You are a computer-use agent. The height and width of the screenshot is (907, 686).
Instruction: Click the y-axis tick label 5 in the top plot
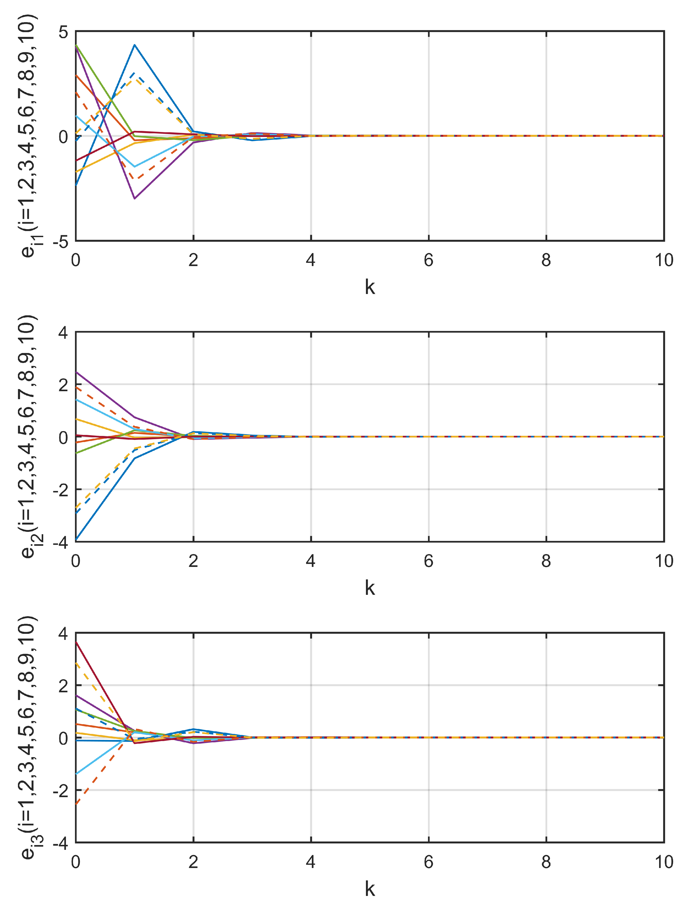tap(63, 32)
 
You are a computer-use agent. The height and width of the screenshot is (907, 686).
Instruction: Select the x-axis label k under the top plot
tap(370, 287)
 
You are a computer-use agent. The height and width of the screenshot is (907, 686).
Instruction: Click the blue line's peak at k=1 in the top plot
tap(134, 45)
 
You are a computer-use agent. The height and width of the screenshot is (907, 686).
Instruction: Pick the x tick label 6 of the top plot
tap(428, 260)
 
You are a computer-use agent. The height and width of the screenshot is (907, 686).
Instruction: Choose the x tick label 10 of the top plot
tap(663, 260)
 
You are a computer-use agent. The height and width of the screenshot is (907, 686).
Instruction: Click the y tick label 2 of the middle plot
tap(63, 385)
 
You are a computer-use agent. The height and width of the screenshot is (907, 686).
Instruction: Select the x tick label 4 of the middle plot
tap(311, 561)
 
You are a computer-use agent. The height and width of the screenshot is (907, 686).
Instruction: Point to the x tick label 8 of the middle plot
tap(546, 561)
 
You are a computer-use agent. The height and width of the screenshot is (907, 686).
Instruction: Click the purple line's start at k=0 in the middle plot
tap(76, 372)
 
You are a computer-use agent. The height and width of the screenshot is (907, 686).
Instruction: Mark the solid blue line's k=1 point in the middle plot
tap(134, 458)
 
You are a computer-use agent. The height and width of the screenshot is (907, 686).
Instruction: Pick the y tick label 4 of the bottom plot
tap(63, 634)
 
